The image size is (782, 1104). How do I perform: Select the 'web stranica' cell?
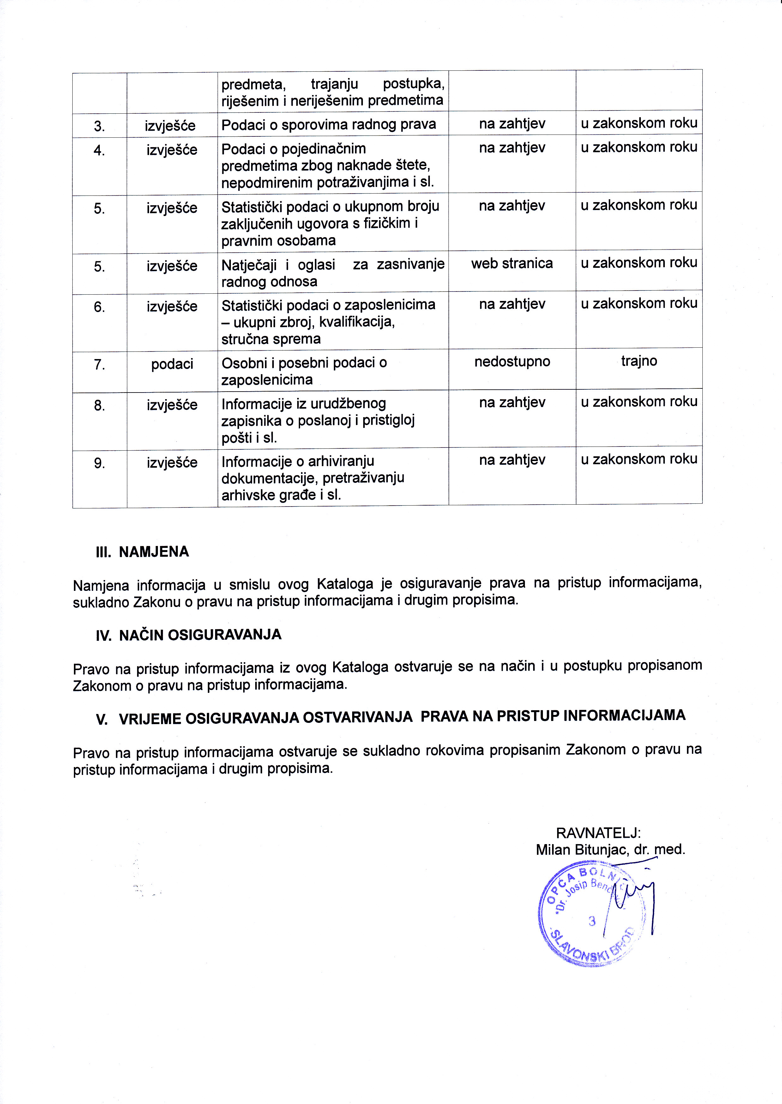point(512,263)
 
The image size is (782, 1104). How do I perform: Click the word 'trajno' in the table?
point(639,361)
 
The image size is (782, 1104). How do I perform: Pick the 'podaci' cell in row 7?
point(172,364)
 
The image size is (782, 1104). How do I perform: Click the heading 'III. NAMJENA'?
point(142,552)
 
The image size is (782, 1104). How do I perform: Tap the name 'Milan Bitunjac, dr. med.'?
point(610,850)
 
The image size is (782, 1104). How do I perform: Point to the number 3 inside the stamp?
point(592,921)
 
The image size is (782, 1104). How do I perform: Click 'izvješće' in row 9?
point(172,463)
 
